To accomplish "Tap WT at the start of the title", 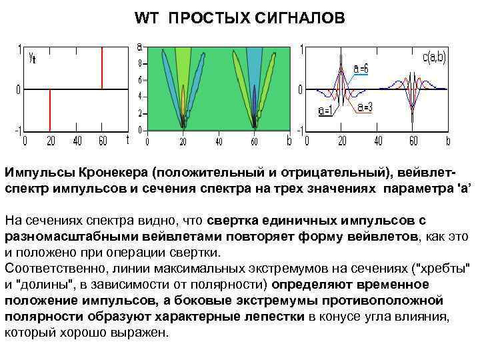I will coord(146,18).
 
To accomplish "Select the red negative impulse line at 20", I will coord(50,110).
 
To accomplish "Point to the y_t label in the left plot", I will coord(32,58).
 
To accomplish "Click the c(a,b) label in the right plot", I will coord(434,58).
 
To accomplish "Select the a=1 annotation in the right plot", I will coord(327,111).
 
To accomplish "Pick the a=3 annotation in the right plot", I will coord(365,107).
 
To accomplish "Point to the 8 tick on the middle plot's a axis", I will coord(139,64).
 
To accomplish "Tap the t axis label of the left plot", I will coord(127,139).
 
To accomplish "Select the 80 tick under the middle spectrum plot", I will coord(254,141).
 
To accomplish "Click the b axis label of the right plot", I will coord(448,141).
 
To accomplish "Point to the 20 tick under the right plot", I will coord(341,141).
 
